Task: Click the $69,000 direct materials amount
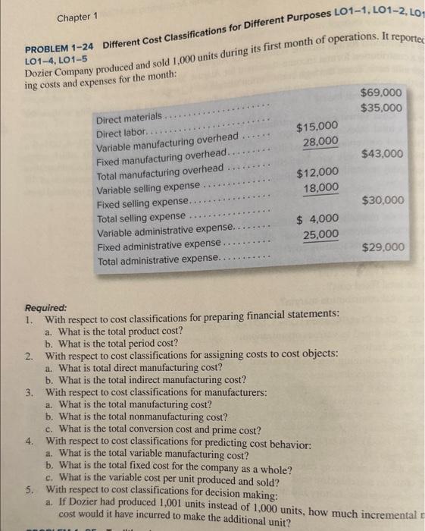(x=383, y=93)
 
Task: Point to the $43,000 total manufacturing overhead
(x=383, y=154)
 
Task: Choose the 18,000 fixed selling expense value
(x=320, y=188)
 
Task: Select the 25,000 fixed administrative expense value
(x=320, y=235)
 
